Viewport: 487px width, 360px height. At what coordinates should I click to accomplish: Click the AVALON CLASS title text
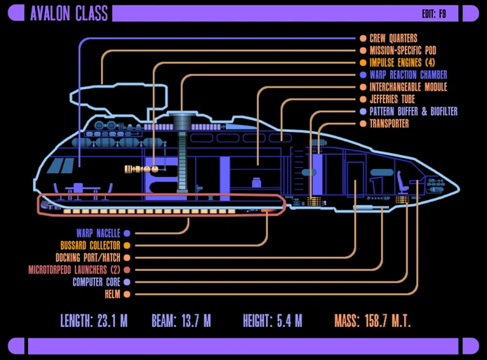click(69, 13)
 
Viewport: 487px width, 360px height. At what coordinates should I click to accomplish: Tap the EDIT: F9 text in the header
click(439, 14)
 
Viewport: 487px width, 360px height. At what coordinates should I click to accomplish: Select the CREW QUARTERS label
click(393, 39)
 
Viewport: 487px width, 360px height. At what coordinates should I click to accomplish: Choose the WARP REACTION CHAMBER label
click(408, 74)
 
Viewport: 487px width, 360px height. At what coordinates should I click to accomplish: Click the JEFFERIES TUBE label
click(392, 99)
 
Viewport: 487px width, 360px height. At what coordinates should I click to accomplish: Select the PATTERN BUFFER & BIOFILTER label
click(413, 112)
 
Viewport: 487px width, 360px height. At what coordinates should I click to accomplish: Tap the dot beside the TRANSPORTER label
click(363, 124)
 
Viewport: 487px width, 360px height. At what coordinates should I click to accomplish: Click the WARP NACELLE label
click(98, 233)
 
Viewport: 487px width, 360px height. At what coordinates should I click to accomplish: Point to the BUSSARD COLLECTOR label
click(90, 246)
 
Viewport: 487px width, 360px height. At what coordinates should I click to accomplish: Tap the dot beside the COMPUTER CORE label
click(126, 281)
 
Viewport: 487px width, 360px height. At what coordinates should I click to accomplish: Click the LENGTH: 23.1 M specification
click(94, 321)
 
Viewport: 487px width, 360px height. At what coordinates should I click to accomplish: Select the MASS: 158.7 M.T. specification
click(372, 321)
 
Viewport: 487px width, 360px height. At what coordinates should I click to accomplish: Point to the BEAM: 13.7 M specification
click(181, 321)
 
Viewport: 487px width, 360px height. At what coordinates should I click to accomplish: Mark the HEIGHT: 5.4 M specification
click(272, 321)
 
